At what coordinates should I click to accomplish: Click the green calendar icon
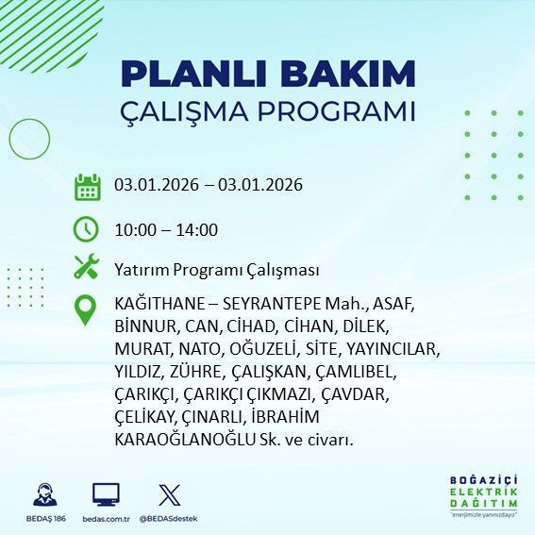87,186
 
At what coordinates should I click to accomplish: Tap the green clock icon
87,228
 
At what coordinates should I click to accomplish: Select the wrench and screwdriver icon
87,267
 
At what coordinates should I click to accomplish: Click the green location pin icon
87,310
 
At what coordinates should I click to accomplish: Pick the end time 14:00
198,229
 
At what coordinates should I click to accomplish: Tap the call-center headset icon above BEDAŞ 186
43,494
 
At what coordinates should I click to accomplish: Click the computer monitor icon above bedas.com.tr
106,494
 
